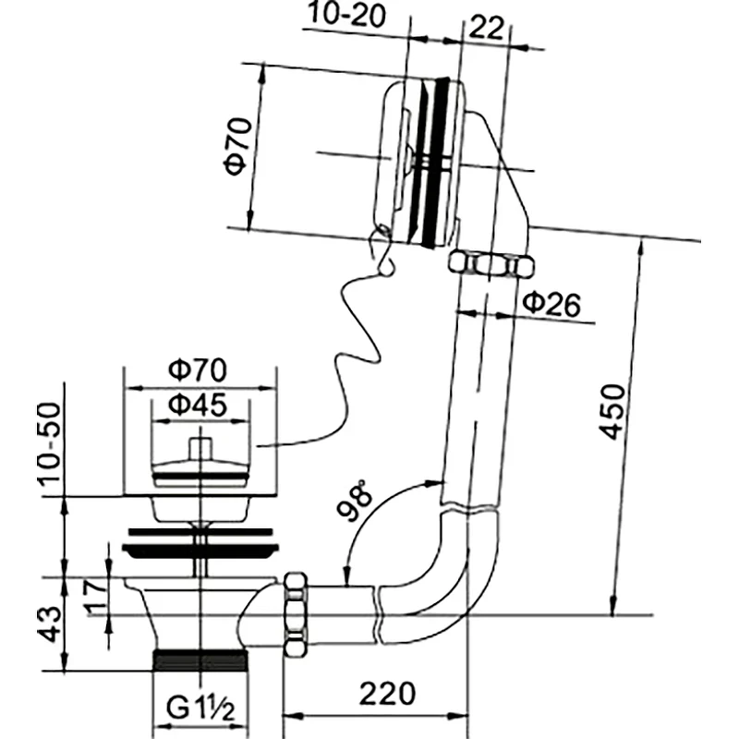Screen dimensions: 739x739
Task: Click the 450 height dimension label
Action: (612, 412)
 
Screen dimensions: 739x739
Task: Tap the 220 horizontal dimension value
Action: (387, 693)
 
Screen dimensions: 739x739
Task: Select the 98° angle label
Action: (355, 500)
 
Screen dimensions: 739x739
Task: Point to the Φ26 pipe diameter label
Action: (551, 304)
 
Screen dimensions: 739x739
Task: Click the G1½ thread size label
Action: (200, 708)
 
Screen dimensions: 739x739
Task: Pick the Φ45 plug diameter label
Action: (198, 405)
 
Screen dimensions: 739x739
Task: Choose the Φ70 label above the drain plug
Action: (198, 369)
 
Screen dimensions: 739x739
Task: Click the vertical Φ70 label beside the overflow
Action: (238, 146)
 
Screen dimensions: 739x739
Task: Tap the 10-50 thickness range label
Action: (50, 444)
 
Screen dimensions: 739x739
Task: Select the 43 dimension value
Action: (50, 624)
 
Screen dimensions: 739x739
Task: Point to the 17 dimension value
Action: (94, 593)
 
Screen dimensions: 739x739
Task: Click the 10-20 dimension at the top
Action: (347, 14)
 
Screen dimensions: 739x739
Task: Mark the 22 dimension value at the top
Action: (487, 28)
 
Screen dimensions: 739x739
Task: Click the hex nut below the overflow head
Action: (491, 264)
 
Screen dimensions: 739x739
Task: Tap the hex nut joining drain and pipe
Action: (296, 614)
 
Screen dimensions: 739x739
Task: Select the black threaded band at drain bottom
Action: (200, 660)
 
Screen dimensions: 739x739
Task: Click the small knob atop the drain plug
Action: (201, 448)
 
